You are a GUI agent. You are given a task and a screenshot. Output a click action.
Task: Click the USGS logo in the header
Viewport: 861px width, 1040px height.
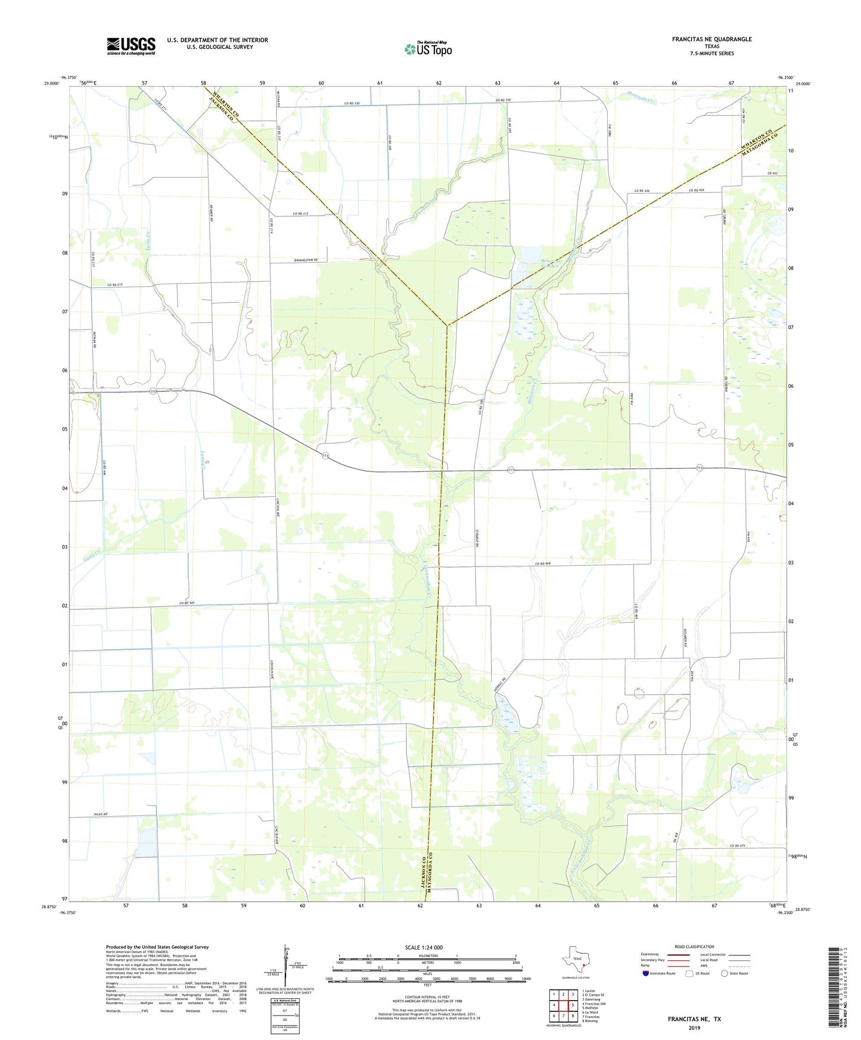point(130,46)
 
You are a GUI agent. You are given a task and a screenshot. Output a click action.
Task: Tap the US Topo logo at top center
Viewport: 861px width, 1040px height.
point(428,49)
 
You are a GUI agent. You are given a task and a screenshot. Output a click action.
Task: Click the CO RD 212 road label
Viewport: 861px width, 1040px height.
point(304,214)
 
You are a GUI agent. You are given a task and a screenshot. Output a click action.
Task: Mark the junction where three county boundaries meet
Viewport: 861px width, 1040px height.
point(446,325)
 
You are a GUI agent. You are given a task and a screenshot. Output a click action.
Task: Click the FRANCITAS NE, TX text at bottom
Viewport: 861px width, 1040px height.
point(694,1019)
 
